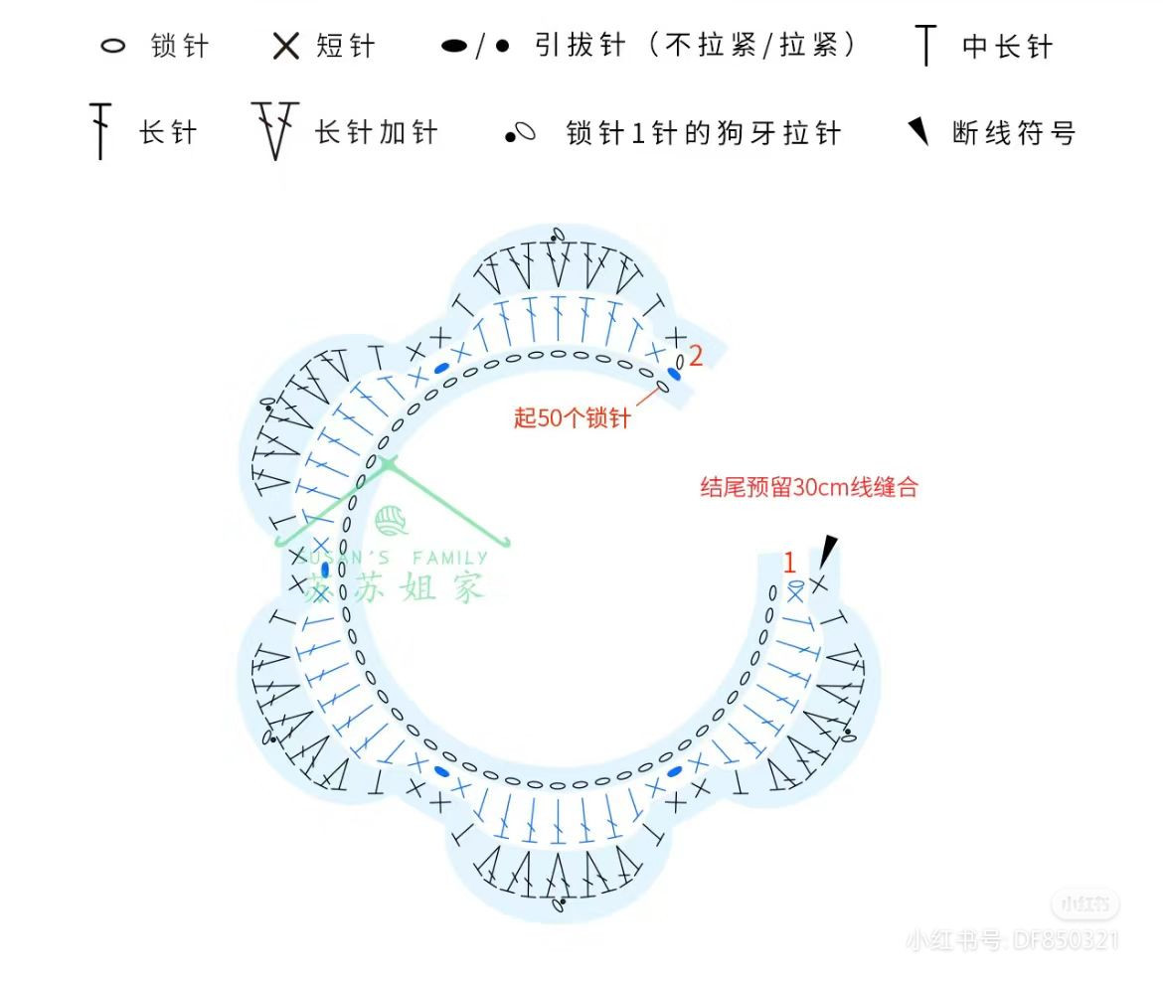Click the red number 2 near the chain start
point(696,356)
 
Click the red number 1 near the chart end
point(790,564)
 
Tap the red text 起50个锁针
point(572,418)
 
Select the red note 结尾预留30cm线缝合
point(809,487)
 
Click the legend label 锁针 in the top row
point(180,47)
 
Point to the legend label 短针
point(346,47)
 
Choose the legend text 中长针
point(1007,47)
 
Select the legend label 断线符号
point(1014,132)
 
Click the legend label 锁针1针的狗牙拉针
point(704,132)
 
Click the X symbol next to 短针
point(286,47)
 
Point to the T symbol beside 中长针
point(926,46)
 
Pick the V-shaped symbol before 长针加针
point(275,129)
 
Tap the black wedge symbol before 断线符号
point(919,131)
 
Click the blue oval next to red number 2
point(674,374)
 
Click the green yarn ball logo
point(391,521)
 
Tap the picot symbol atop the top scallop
point(558,235)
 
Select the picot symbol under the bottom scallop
point(561,902)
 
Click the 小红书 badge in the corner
point(1084,903)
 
